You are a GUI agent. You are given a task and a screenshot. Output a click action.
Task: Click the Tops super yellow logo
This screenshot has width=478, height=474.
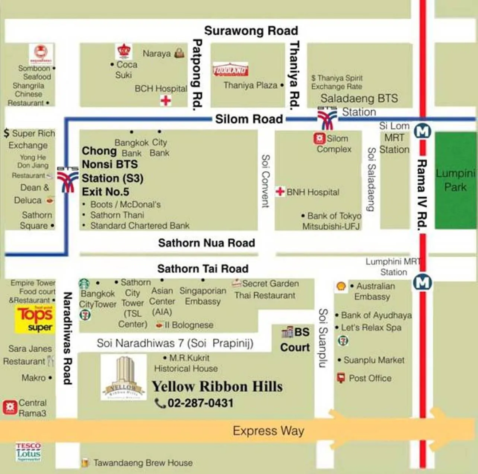tap(35, 319)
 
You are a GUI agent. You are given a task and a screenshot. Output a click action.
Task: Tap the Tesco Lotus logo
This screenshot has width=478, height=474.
tap(28, 452)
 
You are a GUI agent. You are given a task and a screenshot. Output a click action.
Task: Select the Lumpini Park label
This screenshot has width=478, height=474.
tap(455, 180)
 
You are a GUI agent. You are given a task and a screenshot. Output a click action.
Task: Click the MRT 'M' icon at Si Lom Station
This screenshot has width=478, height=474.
tap(423, 131)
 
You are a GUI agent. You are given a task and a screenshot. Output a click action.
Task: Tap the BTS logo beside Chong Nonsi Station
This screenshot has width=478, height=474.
tap(67, 179)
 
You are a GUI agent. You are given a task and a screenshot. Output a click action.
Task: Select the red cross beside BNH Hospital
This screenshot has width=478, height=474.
tap(280, 191)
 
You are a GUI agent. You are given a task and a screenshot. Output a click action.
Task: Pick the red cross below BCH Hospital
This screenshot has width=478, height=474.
tap(166, 100)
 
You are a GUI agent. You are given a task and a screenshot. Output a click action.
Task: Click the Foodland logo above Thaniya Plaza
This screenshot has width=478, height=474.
tap(230, 69)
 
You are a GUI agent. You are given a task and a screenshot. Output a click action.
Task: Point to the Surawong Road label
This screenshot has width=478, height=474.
tap(251, 31)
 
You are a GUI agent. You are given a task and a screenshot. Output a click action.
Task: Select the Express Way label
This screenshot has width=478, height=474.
tap(268, 431)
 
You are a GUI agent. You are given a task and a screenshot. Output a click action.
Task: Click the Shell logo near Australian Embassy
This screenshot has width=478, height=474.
tap(341, 286)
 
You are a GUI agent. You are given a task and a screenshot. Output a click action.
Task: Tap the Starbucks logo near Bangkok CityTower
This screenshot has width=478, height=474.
tap(84, 284)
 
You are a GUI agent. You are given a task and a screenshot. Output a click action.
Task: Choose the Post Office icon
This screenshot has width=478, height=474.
tap(341, 378)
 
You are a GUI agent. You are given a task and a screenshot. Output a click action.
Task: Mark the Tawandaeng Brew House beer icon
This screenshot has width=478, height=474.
tap(85, 462)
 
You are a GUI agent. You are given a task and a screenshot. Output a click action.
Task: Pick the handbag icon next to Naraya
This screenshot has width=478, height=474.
tap(179, 53)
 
